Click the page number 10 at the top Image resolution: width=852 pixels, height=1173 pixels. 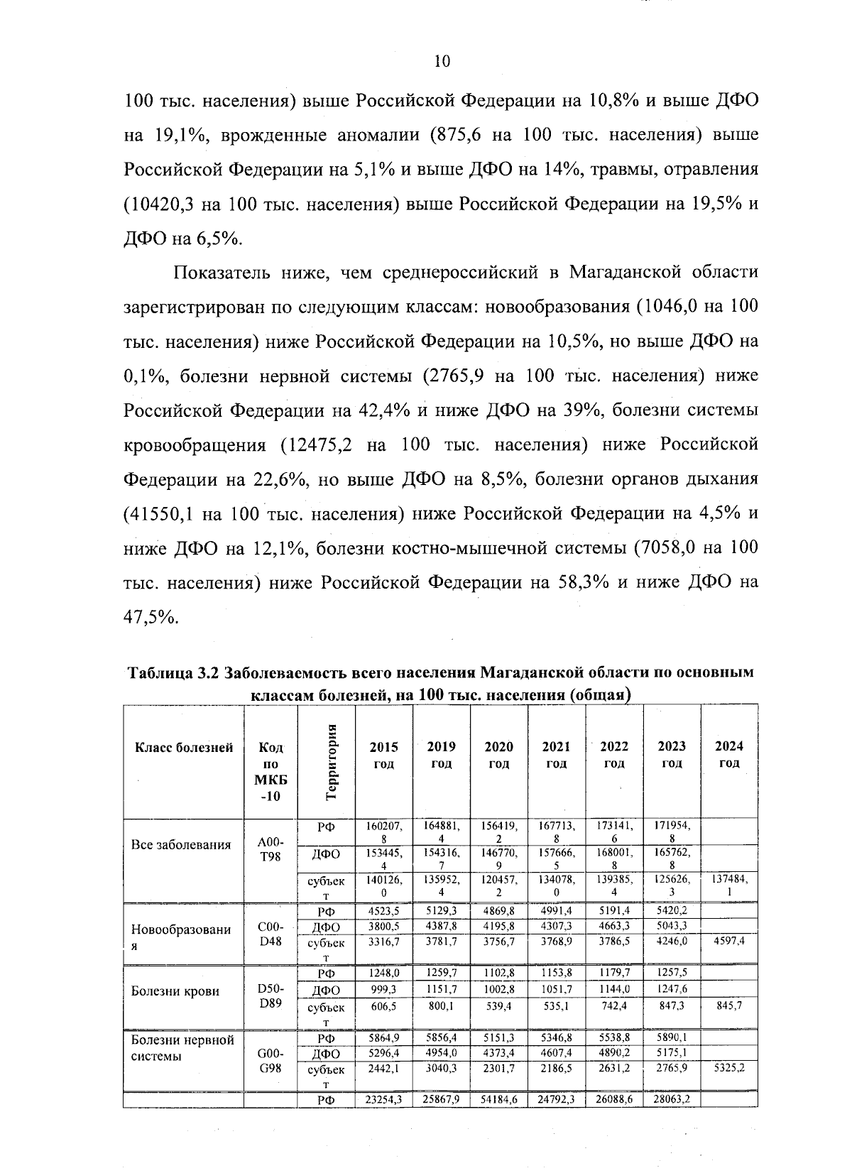click(442, 62)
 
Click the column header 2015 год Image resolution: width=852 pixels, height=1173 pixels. click(384, 755)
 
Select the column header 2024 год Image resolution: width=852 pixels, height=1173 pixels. click(728, 754)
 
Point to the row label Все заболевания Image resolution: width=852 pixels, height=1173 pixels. click(181, 845)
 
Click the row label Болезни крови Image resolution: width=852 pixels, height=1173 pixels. click(175, 991)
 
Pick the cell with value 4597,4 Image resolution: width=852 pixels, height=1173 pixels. click(728, 941)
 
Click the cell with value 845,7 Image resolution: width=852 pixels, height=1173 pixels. click(728, 1005)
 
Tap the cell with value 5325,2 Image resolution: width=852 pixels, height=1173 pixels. click(728, 1067)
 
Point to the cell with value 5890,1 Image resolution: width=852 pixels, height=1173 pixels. click(672, 1037)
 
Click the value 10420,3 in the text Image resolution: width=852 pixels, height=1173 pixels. click(160, 204)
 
